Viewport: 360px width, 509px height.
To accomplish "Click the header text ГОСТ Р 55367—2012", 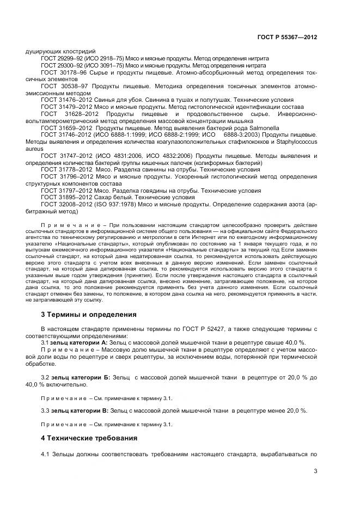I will coord(287,37).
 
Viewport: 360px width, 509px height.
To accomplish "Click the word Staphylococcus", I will coord(290,141).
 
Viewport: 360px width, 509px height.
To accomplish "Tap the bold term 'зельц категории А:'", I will coord(80,343).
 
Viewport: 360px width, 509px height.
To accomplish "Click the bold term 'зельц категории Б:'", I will coord(80,377).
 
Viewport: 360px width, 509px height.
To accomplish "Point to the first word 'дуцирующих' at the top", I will coord(42,51).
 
